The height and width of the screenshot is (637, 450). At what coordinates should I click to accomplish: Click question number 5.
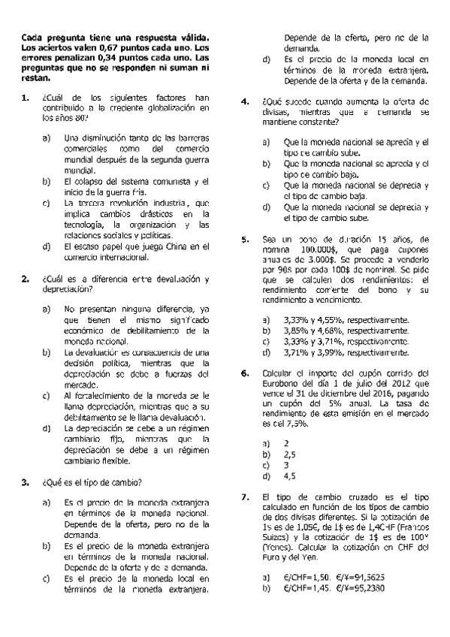tap(244, 239)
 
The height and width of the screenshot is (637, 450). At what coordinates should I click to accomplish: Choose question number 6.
tap(244, 373)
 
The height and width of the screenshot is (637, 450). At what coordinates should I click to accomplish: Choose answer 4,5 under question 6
tap(289, 475)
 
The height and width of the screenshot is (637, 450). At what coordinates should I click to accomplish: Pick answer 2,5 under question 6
tap(289, 454)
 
